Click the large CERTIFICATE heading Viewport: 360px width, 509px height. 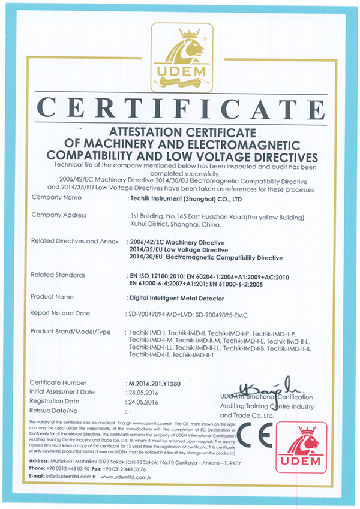coord(181,109)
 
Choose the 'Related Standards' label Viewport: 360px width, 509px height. coord(58,275)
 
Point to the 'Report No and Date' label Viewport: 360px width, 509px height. coord(60,313)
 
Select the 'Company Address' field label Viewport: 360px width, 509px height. coord(59,215)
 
